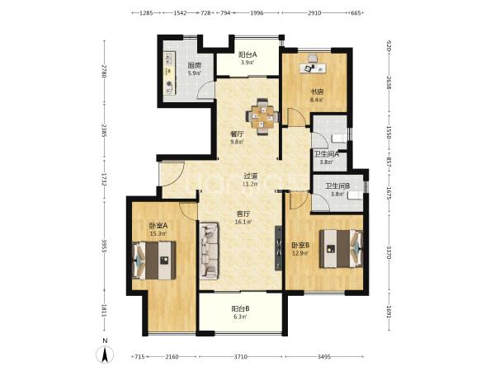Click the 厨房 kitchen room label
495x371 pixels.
click(x=194, y=66)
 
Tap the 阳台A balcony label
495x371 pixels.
click(x=247, y=54)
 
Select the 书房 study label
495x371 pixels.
click(x=316, y=92)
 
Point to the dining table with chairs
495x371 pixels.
click(x=262, y=117)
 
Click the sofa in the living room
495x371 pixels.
click(x=209, y=251)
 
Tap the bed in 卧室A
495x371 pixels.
click(x=154, y=261)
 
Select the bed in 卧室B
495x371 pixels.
click(x=341, y=249)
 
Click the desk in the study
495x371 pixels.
click(x=313, y=68)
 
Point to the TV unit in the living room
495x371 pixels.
click(x=278, y=248)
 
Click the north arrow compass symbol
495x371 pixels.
click(x=105, y=355)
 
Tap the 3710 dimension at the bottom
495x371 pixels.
click(x=240, y=357)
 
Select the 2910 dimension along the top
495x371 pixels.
click(x=314, y=13)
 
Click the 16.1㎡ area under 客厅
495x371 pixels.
click(x=243, y=222)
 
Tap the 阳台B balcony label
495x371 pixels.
click(x=240, y=308)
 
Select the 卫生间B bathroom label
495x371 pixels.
click(x=337, y=186)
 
